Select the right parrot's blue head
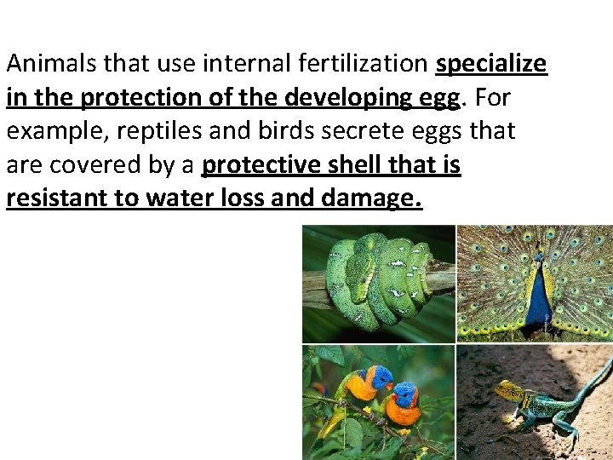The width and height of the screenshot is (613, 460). tap(407, 394)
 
